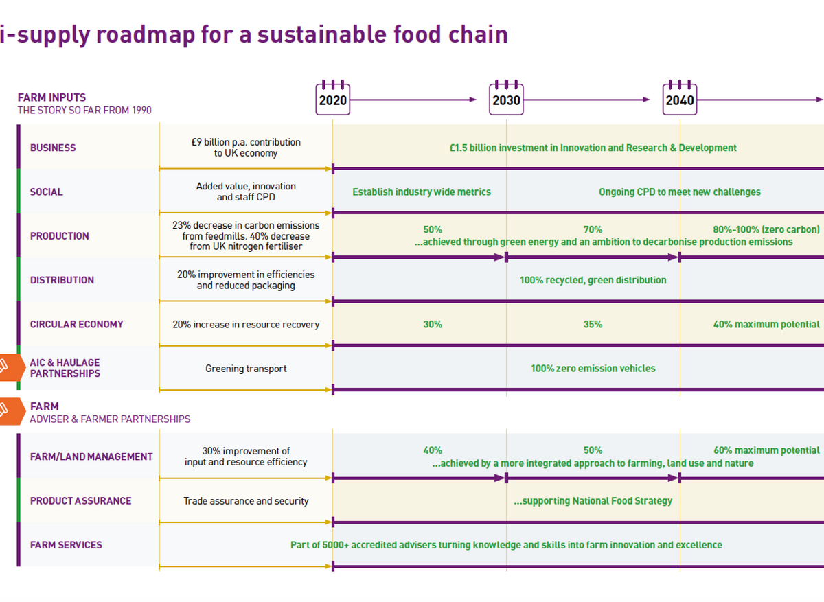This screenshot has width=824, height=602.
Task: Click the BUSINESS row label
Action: [53, 148]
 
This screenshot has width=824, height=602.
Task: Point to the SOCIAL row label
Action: [46, 192]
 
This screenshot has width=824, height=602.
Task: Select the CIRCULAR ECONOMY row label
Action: [76, 324]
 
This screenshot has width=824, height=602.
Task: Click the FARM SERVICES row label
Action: [66, 545]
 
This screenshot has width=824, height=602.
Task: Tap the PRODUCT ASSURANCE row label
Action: [80, 501]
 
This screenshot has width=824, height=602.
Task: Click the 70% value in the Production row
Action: [593, 230]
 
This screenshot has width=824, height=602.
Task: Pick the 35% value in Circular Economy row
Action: [593, 324]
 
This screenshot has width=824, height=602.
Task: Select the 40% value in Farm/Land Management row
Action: [433, 450]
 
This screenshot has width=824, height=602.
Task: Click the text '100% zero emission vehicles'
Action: [593, 369]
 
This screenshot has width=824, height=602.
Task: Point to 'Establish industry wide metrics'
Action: [422, 192]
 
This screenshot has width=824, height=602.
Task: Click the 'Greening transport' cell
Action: [246, 369]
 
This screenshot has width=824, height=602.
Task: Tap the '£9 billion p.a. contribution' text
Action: [246, 142]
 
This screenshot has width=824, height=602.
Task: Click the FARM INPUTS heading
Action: [51, 97]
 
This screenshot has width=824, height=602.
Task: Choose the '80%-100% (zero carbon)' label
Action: [766, 230]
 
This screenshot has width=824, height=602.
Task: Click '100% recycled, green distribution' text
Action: [593, 280]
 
